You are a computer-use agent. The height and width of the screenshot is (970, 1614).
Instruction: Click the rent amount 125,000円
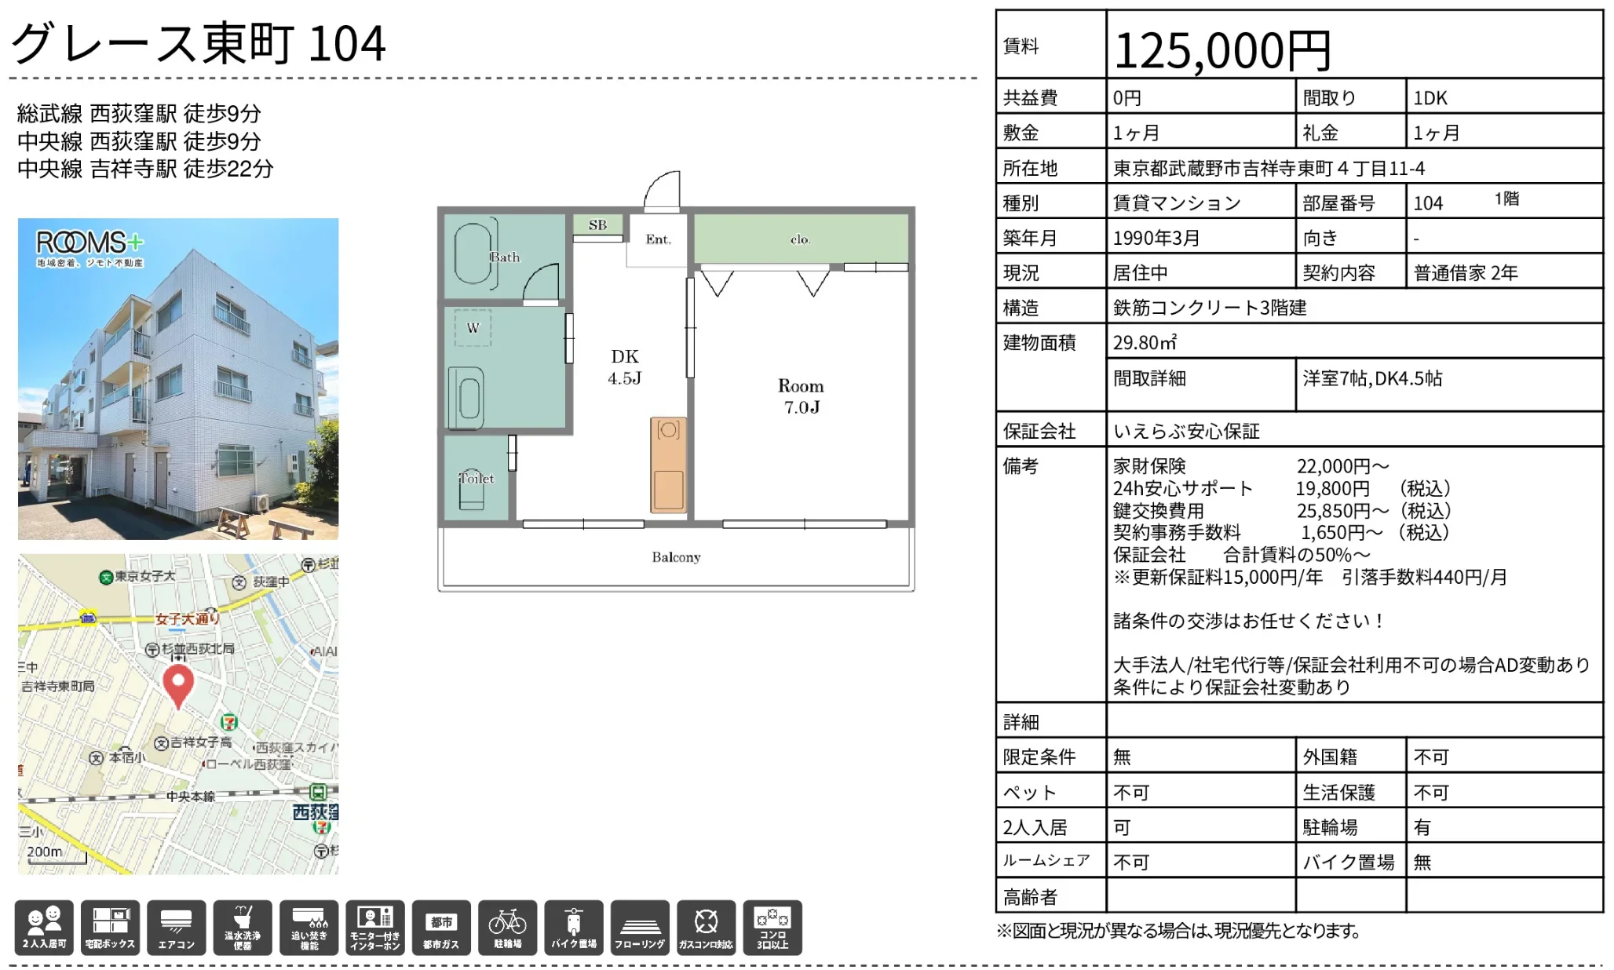[1221, 50]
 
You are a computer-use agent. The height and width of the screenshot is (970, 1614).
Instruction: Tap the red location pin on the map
[178, 685]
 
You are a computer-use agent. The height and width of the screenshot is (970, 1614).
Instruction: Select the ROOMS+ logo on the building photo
[89, 246]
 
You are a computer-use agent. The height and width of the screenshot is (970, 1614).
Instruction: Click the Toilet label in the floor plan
[477, 479]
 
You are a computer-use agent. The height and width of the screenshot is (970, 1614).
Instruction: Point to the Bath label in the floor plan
[505, 257]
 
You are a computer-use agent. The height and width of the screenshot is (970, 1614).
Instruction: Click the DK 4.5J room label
[625, 367]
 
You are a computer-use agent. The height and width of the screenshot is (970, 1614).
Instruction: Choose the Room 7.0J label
[801, 396]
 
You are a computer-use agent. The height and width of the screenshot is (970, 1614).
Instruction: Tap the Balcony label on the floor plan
[676, 557]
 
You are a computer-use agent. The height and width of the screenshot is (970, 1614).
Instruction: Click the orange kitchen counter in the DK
[668, 465]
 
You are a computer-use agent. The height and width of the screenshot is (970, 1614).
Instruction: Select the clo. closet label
[800, 239]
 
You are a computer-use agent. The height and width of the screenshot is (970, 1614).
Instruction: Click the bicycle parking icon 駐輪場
[507, 928]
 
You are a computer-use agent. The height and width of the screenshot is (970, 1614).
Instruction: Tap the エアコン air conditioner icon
[177, 928]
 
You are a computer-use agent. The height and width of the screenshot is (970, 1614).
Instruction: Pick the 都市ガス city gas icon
[441, 928]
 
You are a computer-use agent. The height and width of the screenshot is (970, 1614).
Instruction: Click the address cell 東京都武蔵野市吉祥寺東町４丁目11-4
[1269, 168]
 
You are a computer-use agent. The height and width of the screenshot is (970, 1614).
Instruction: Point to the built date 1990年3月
[1156, 238]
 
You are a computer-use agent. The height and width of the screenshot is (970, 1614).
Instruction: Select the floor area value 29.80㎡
[1145, 343]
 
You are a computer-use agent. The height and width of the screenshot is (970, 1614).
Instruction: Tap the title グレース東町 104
[199, 42]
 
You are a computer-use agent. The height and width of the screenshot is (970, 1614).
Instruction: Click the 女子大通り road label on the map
[187, 618]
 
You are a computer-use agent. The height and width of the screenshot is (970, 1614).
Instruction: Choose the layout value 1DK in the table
[1430, 98]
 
